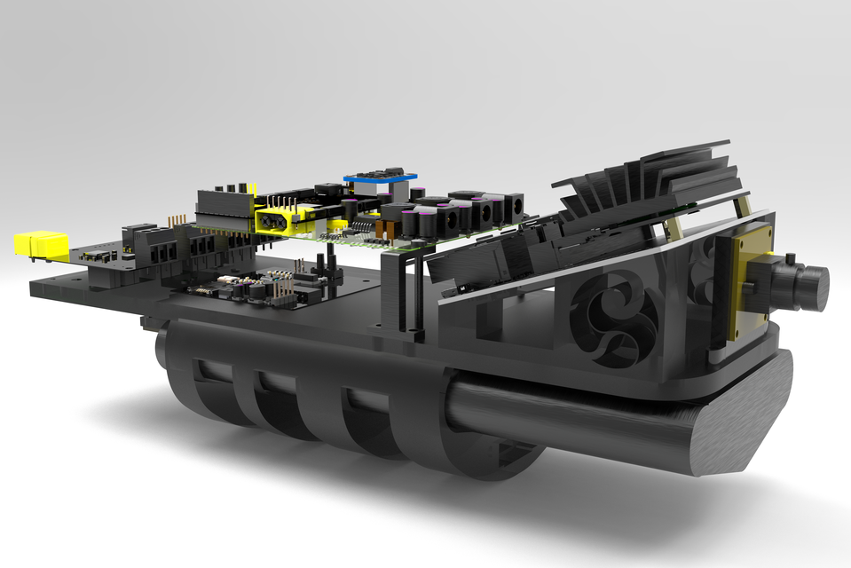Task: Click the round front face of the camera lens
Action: coord(816,288)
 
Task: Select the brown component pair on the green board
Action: coord(383,230)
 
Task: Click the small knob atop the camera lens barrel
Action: coord(788,258)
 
